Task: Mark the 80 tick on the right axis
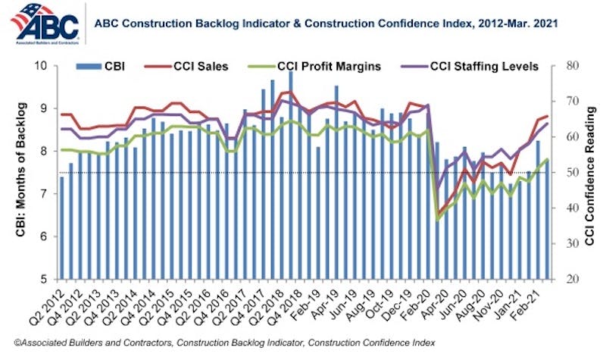point(569,66)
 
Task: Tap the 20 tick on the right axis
point(569,280)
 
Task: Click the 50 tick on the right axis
point(569,173)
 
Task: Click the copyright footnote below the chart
point(235,343)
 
